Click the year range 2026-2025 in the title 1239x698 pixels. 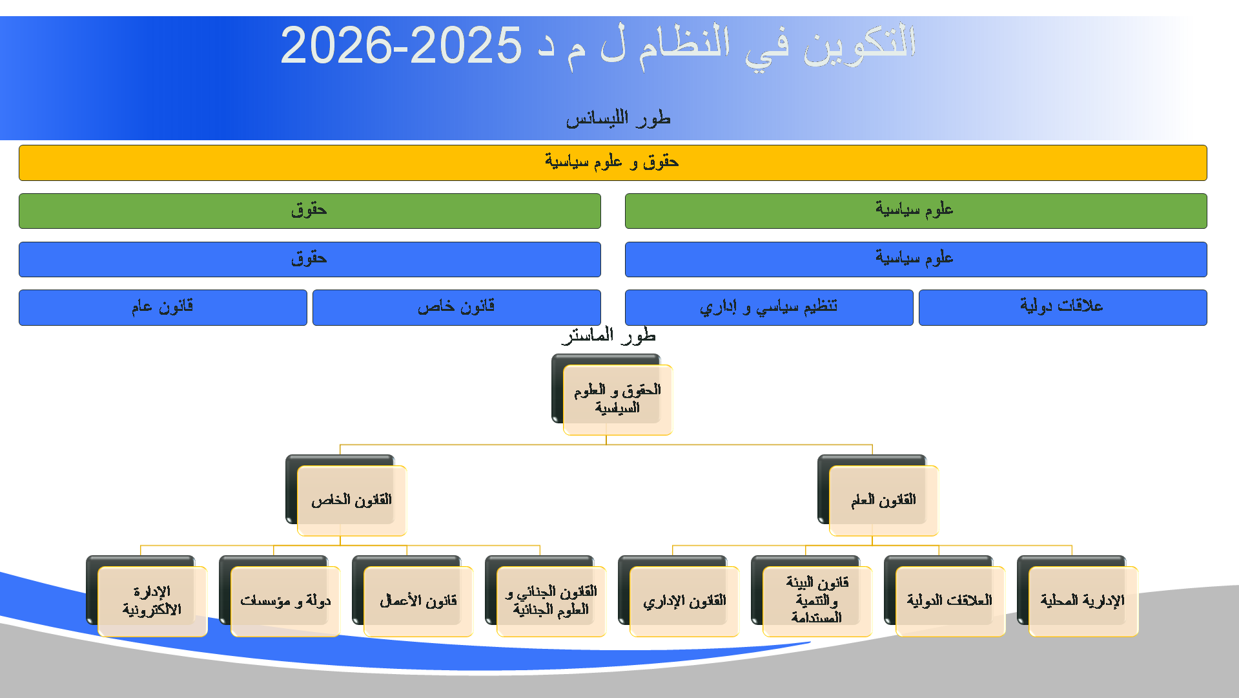point(401,46)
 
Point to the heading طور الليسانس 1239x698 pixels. point(619,118)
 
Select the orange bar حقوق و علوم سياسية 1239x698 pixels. point(613,163)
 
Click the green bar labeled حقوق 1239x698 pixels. point(310,211)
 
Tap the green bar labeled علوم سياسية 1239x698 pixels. point(916,211)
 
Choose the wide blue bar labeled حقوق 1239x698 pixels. point(310,259)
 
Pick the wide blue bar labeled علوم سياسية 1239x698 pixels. point(916,259)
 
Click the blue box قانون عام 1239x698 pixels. point(163,308)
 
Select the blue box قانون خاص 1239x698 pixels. point(456,308)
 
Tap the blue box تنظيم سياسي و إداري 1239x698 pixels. point(769,308)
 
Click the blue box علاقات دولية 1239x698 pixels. point(1063,308)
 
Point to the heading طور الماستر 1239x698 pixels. point(609,335)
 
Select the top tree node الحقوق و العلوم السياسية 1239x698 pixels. point(617,399)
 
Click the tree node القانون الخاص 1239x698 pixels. point(351,500)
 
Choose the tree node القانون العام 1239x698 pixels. point(883,500)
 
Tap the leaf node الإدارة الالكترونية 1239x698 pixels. point(152,601)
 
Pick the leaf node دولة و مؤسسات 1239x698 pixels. point(285,601)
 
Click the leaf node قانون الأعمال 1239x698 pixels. point(418,601)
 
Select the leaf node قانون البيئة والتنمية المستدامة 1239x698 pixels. point(817,601)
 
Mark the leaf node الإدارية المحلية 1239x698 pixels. point(1083,601)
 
